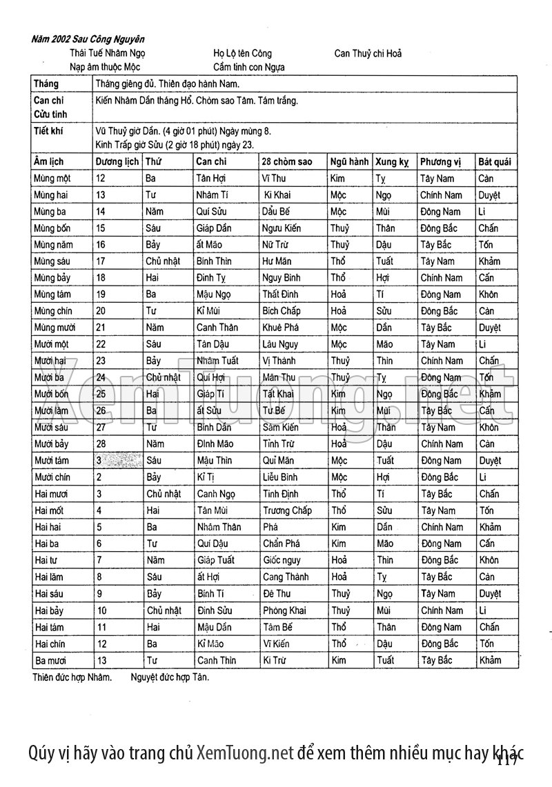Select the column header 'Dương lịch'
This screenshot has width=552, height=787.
point(117,162)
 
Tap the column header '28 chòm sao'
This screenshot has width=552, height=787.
point(287,162)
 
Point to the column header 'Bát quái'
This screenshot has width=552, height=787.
point(495,162)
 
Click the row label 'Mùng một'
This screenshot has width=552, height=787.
point(52,179)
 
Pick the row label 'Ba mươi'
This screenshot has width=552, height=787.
point(50,660)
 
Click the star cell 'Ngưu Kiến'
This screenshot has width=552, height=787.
point(281,228)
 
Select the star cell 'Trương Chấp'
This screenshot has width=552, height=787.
point(287,510)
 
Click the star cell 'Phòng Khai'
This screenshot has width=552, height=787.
point(285,610)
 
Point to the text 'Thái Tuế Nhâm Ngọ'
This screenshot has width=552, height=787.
point(107,53)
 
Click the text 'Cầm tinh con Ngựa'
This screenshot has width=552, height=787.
point(249,67)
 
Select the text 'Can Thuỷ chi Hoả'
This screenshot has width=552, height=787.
point(368,53)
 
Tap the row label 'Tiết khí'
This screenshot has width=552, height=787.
point(48,130)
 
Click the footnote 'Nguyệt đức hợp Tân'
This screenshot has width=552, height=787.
point(170,677)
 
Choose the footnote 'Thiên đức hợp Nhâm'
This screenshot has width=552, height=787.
point(72,677)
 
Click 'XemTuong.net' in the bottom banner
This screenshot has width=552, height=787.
point(245,753)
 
